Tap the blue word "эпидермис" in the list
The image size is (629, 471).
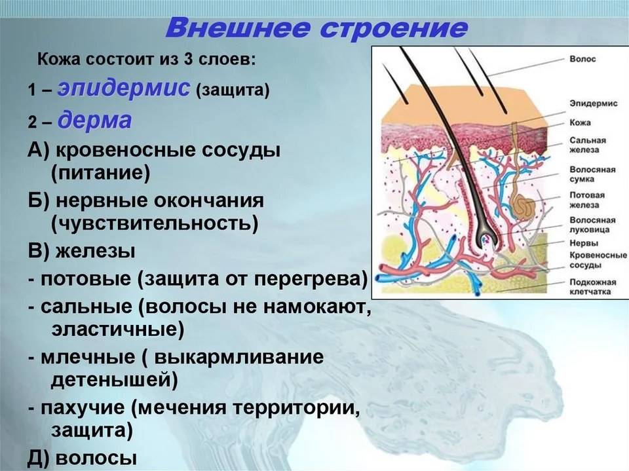[124, 88]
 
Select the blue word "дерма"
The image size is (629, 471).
[94, 120]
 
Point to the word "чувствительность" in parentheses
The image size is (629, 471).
[155, 223]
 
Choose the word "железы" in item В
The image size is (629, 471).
[96, 252]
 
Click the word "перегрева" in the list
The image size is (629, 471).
[307, 279]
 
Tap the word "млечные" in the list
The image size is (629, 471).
[88, 356]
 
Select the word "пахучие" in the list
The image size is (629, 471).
[83, 407]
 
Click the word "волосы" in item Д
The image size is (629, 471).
[96, 458]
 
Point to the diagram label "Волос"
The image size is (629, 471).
[582, 59]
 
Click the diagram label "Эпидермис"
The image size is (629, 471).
[594, 104]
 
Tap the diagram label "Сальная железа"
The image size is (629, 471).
[588, 145]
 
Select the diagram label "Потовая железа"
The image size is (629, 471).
[587, 200]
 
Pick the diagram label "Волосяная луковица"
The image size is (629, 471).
[592, 225]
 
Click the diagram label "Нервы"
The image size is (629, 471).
[584, 243]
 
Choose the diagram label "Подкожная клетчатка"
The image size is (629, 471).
[592, 286]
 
